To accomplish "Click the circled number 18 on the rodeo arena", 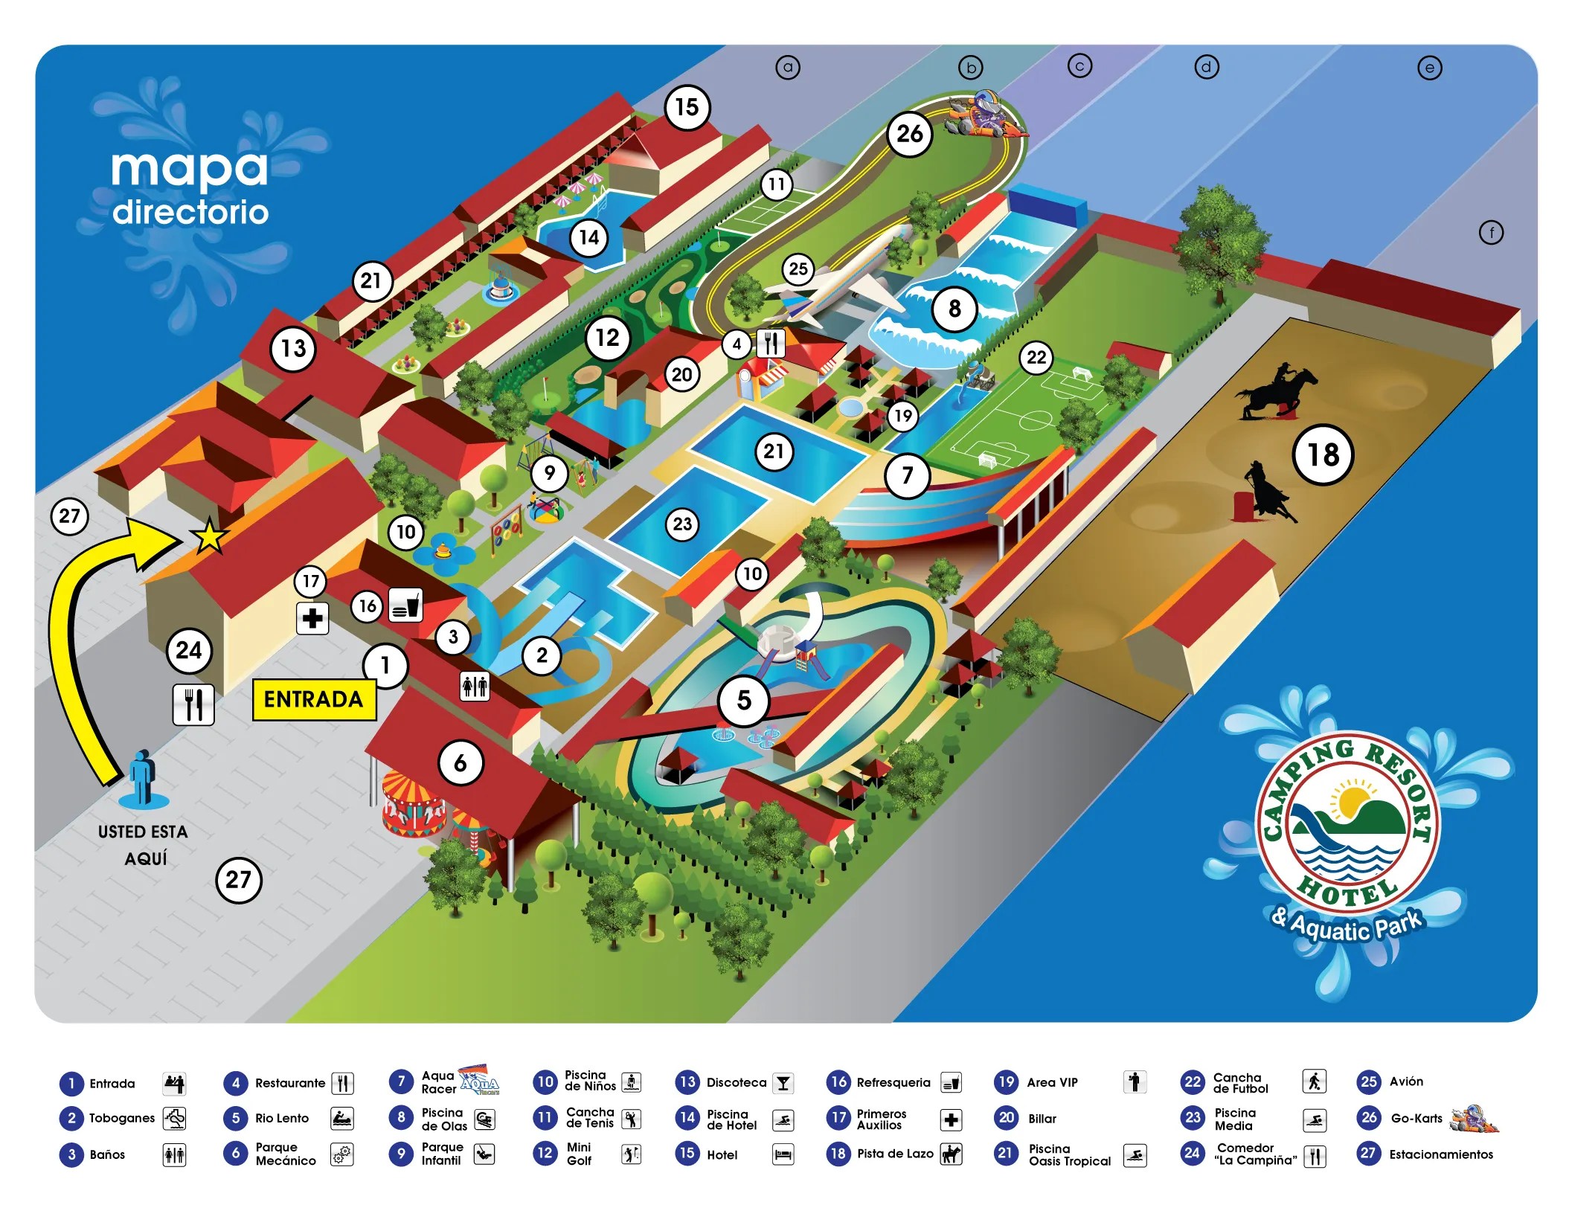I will click(x=1323, y=454).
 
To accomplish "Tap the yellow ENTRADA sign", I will click(x=314, y=700).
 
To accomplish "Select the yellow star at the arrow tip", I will click(x=208, y=536).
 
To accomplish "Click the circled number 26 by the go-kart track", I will click(x=909, y=134).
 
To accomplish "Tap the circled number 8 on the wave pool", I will click(x=954, y=309).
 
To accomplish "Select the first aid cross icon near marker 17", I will click(x=312, y=618).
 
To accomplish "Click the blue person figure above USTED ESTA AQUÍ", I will click(x=142, y=777).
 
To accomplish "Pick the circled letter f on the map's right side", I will click(x=1491, y=233).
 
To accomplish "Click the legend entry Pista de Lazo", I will click(x=894, y=1154).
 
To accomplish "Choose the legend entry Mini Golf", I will click(x=579, y=1154).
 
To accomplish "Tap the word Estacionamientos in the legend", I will click(x=1441, y=1154).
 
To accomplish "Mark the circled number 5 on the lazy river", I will click(x=743, y=700).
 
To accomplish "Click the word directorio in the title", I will click(x=190, y=213).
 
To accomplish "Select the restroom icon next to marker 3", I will click(x=475, y=686).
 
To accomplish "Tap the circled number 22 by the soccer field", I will click(x=1036, y=358).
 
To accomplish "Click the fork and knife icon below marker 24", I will click(x=193, y=704).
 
